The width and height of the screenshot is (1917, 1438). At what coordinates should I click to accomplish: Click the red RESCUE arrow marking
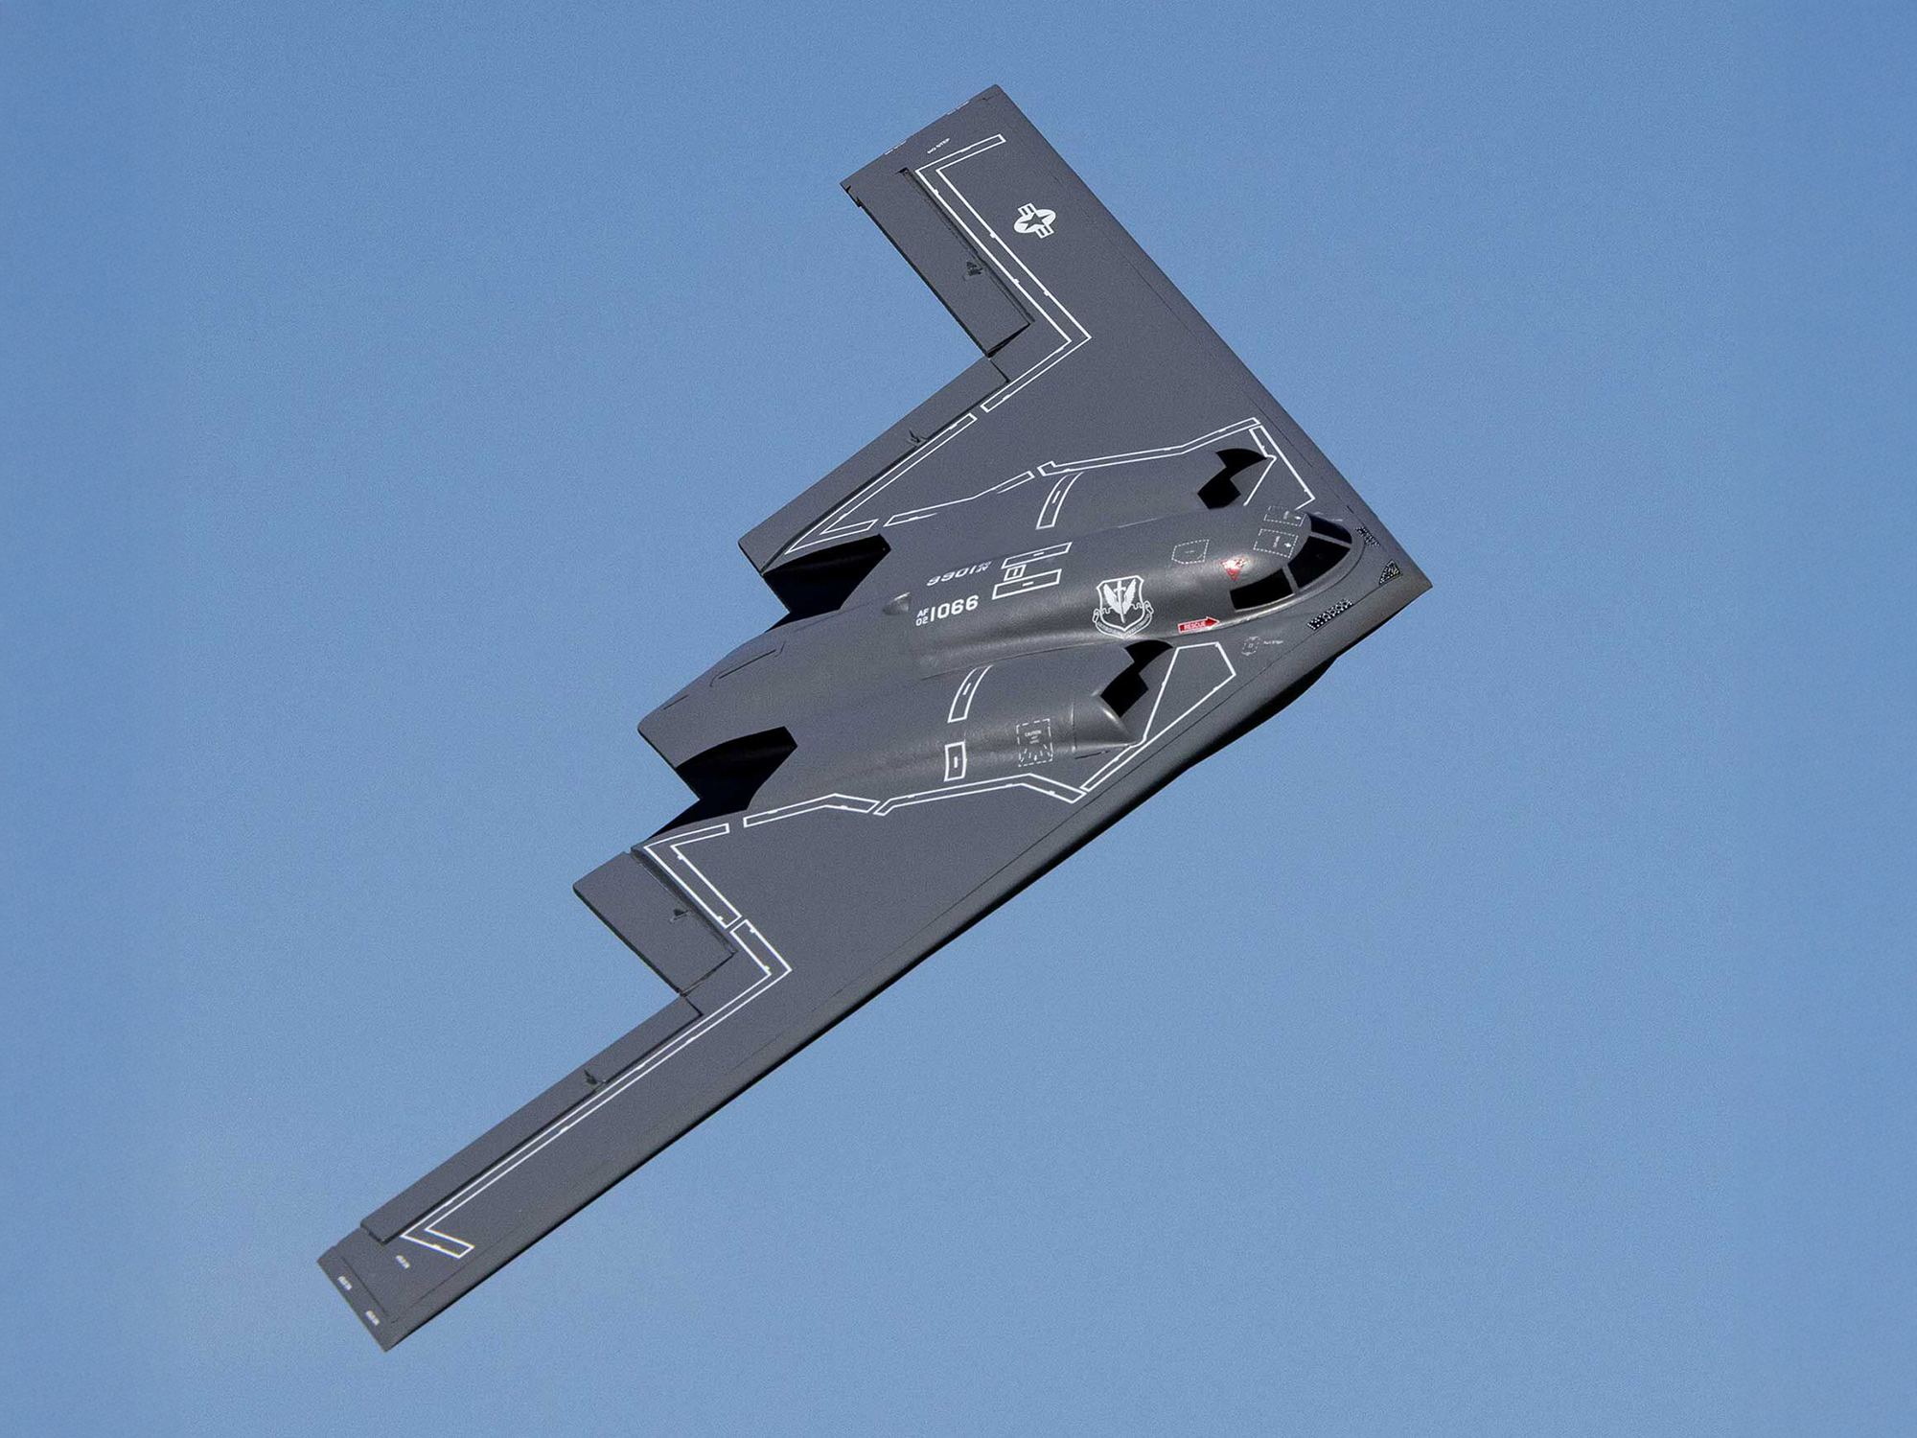coord(1197,625)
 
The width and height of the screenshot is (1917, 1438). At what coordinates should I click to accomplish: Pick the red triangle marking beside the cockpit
coord(1235,568)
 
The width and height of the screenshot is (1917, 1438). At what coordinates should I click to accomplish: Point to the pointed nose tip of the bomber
coord(1426,582)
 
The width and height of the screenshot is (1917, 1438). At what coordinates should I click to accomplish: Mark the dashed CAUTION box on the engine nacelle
coord(1033,741)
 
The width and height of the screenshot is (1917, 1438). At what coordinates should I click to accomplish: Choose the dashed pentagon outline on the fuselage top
coord(1189,551)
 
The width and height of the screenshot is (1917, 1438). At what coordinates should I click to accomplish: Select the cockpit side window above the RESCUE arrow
coord(1251,595)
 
